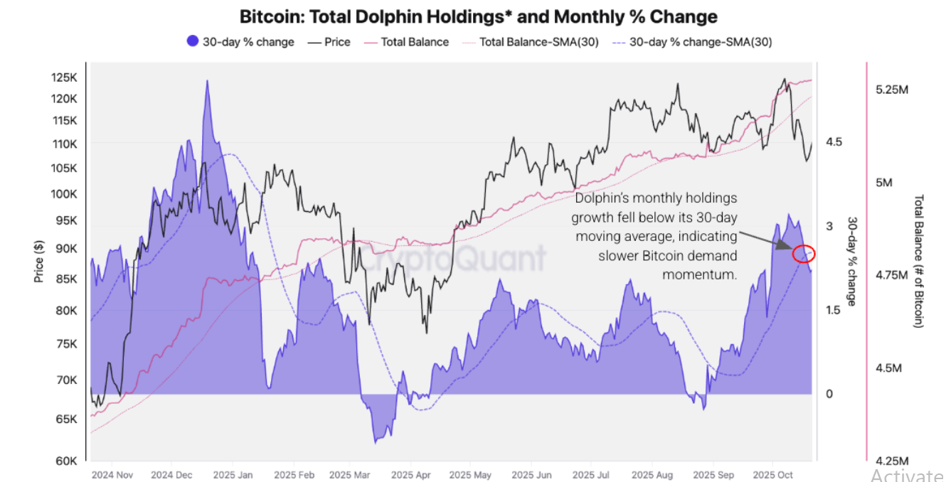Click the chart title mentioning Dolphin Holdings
478,16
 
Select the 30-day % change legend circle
192,42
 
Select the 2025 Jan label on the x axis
233,474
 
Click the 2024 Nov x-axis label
112,474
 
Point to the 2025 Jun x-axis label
532,474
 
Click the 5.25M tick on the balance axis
893,90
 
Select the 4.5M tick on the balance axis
888,368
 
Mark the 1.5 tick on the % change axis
834,310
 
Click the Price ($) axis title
39,261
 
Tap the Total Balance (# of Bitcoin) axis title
918,261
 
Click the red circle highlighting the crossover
804,252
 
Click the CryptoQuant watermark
455,257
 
